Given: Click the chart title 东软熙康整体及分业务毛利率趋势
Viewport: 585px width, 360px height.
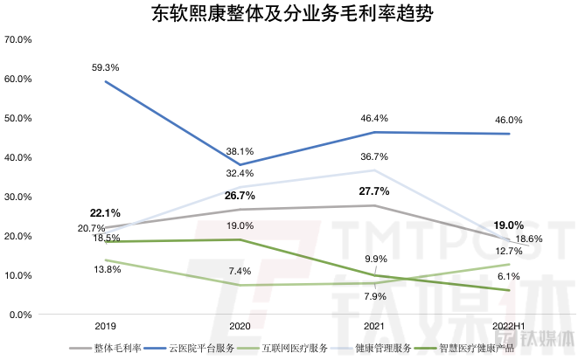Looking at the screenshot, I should click(x=291, y=15).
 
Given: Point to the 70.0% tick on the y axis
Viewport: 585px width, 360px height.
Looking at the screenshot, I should click(x=18, y=40).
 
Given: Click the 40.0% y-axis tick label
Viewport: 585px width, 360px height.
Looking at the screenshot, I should click(x=18, y=158).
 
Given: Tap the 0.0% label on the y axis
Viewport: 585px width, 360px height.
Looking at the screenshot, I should click(x=20, y=315).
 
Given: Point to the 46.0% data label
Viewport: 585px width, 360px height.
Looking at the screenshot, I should click(x=509, y=121).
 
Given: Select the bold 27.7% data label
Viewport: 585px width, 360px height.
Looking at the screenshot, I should click(x=374, y=191).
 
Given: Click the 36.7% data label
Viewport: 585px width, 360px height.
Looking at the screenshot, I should click(x=374, y=156).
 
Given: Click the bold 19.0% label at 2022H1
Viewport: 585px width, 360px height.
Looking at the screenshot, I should click(x=509, y=225).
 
